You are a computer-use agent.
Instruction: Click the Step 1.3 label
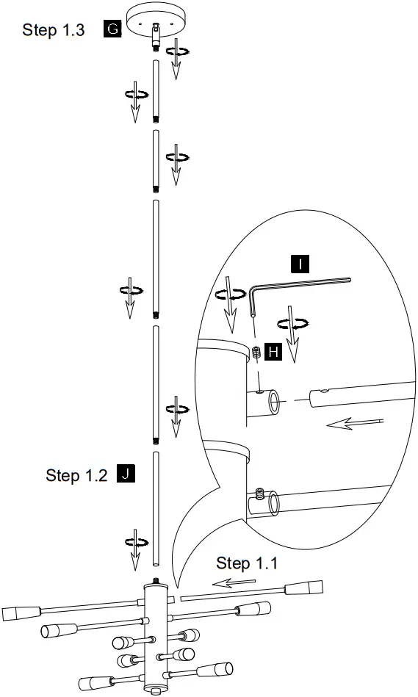(x=54, y=30)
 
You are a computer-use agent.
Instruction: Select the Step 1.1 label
(x=247, y=563)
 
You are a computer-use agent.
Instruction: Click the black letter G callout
(x=112, y=30)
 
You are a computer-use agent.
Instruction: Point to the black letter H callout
(x=273, y=353)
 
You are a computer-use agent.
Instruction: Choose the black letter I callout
(x=300, y=263)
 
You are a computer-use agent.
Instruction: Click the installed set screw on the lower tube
(x=259, y=493)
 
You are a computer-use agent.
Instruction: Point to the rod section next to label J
(x=156, y=508)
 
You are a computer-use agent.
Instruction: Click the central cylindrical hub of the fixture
(x=156, y=632)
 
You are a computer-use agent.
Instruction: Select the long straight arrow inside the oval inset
(x=355, y=424)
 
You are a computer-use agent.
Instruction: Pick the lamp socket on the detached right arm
(x=305, y=588)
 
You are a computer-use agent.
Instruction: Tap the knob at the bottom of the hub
(x=155, y=690)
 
